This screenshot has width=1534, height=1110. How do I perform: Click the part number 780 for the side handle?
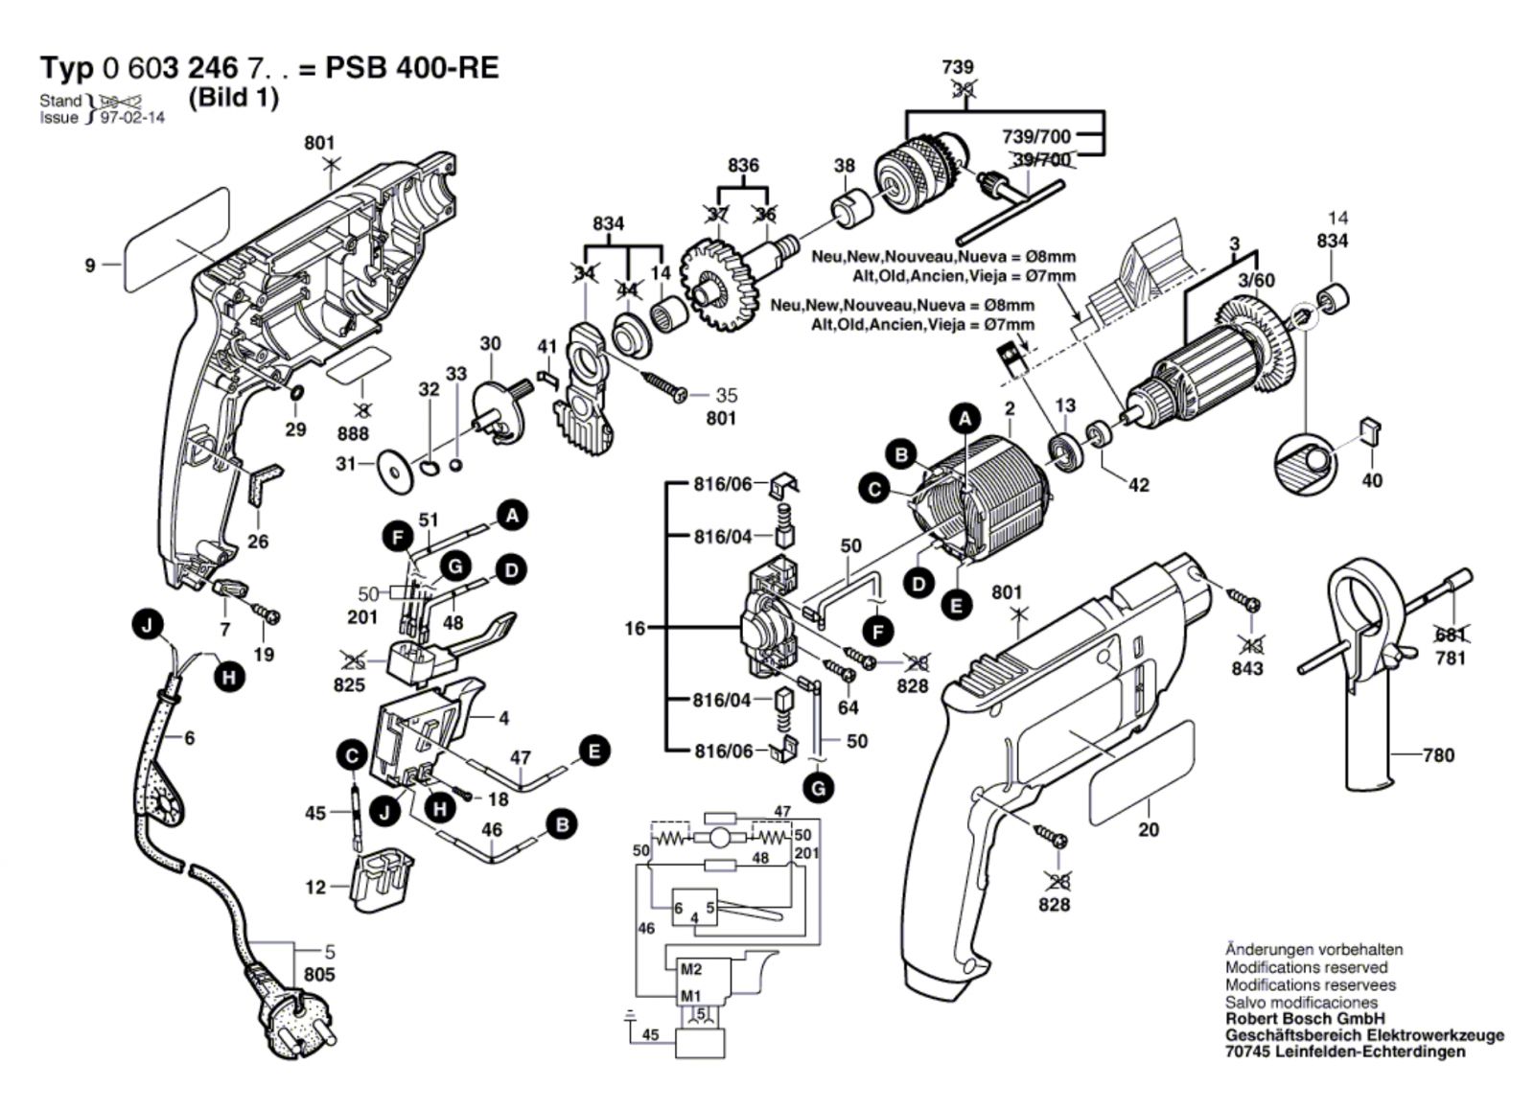tap(1438, 755)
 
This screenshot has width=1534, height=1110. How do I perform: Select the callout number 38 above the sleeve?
tap(844, 166)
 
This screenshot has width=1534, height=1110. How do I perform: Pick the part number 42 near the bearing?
tap(1138, 485)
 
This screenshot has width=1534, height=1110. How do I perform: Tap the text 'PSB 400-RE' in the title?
tap(412, 69)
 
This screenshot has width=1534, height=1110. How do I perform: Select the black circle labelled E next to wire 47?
tap(595, 751)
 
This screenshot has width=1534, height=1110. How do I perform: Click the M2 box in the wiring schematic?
tap(692, 969)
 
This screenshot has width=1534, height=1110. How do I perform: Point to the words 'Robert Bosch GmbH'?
tap(1305, 1018)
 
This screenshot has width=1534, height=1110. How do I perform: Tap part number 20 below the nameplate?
tap(1149, 829)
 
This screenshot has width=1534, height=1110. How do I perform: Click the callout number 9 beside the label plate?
tap(90, 265)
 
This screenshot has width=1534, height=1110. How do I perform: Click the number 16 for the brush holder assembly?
tap(635, 629)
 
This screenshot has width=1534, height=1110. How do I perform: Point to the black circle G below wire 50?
tap(818, 789)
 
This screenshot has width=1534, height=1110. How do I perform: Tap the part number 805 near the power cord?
tap(319, 975)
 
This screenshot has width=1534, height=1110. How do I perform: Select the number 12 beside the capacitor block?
tap(316, 888)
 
